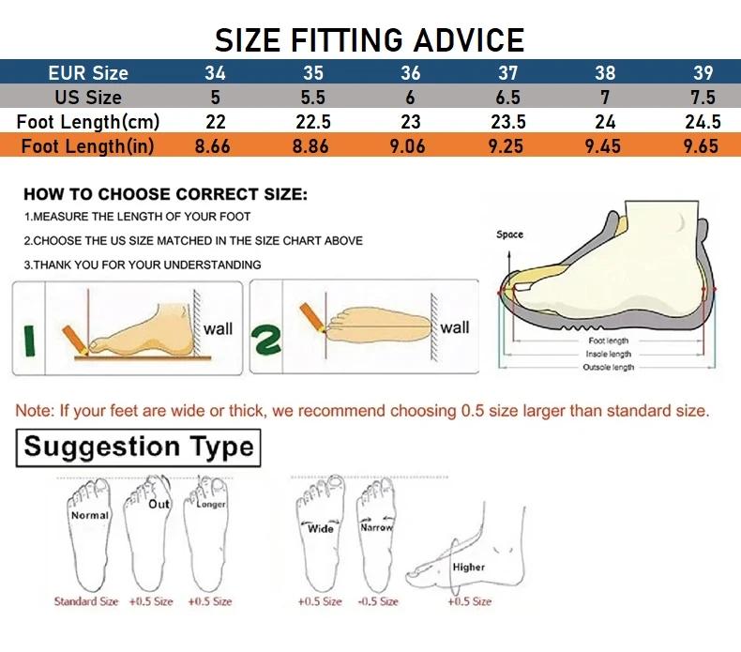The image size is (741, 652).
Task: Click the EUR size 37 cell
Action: pos(507,73)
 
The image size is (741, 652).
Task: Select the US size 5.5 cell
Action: pos(312,98)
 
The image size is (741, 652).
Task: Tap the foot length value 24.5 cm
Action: pos(702,122)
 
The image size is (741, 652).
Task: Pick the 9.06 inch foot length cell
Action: pos(410,146)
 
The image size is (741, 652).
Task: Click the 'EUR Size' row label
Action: pos(88,73)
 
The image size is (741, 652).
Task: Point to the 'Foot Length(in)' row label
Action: pos(88,146)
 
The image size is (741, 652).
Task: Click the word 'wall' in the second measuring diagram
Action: pos(455,327)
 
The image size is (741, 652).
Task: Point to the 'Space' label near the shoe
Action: pos(510,235)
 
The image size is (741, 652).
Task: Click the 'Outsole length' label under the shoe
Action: pos(608,367)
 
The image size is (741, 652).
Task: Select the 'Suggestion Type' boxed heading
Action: pos(139,447)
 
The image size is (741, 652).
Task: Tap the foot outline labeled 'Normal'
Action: pos(89,539)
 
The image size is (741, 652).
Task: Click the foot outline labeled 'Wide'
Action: pos(321,539)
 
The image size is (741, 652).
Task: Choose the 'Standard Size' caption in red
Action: pos(86,601)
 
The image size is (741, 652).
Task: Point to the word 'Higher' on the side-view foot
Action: pos(468,567)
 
